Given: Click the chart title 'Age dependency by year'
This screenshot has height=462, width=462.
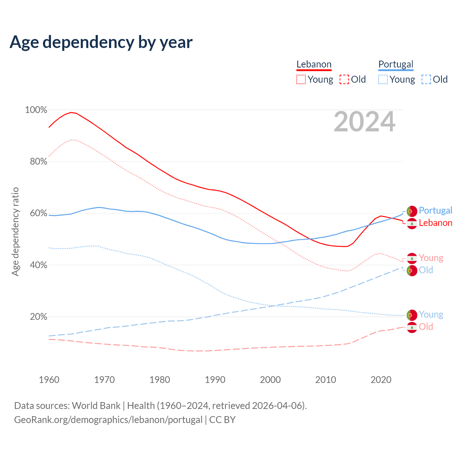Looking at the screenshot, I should (101, 42).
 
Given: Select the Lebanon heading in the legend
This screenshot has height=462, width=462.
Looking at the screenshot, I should (314, 64).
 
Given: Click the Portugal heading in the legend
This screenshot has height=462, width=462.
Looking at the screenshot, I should (396, 64).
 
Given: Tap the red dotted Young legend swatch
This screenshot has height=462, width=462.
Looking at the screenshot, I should (301, 79).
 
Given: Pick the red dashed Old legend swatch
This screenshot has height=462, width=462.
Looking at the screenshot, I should (344, 79).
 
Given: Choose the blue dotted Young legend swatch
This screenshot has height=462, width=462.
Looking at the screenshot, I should (383, 79).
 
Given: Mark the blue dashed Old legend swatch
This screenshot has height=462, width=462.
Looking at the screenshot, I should (426, 79).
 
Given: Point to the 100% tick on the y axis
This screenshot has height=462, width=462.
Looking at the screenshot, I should (36, 110).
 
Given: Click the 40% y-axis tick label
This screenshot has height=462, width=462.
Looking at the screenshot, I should (38, 265).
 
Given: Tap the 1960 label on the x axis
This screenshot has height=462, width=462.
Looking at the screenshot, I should (49, 380).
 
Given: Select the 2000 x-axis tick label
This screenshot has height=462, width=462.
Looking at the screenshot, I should (270, 380).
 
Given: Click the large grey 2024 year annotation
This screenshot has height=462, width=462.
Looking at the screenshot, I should (364, 122).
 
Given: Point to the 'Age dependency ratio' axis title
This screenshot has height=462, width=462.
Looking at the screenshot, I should (15, 231).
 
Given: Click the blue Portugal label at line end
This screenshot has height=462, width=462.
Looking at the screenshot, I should (435, 210).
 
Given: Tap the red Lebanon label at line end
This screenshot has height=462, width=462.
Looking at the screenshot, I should (435, 223).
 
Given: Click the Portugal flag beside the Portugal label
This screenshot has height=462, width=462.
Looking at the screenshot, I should (412, 211).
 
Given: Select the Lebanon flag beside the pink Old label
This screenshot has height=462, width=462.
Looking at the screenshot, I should (412, 327).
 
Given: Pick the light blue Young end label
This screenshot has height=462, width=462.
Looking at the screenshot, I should (431, 315).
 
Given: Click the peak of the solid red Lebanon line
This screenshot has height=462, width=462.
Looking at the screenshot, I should (71, 112).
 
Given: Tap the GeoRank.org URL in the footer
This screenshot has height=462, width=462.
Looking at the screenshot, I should (108, 420).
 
